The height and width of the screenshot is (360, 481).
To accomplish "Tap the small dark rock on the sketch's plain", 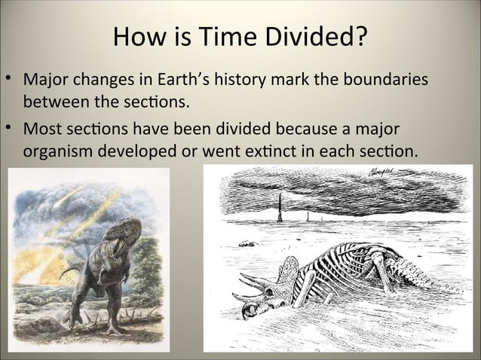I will click(x=246, y=244).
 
